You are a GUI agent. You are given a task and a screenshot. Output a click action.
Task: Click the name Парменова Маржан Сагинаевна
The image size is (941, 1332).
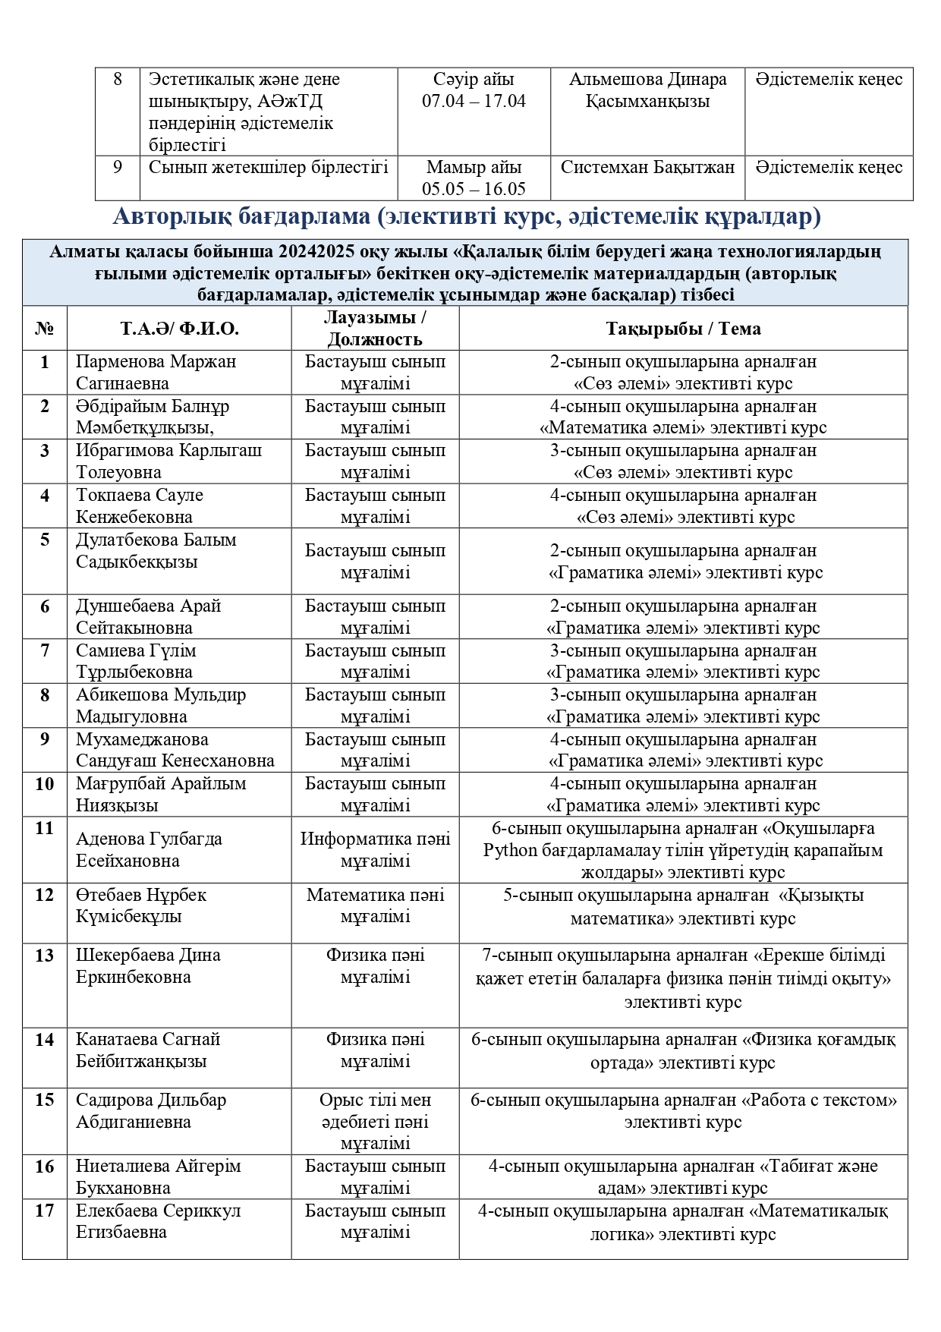pyautogui.click(x=156, y=372)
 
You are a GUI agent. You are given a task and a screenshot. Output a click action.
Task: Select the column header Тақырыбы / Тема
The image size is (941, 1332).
pyautogui.click(x=683, y=328)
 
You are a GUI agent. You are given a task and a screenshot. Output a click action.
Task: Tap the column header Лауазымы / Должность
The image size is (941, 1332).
pyautogui.click(x=375, y=328)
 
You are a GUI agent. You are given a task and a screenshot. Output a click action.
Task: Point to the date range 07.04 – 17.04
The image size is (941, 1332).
pyautogui.click(x=474, y=101)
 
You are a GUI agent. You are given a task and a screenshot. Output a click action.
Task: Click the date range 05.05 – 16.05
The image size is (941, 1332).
pyautogui.click(x=474, y=189)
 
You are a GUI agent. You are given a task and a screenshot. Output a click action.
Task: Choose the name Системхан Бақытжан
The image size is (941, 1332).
pyautogui.click(x=647, y=167)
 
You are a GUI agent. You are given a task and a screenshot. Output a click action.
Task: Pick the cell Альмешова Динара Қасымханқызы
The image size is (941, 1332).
pyautogui.click(x=647, y=90)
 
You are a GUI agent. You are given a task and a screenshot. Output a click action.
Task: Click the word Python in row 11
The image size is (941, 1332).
pyautogui.click(x=510, y=850)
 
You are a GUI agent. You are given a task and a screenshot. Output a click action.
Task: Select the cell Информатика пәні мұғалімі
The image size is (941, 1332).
pyautogui.click(x=375, y=849)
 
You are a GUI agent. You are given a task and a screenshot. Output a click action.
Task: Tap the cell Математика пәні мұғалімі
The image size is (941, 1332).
pyautogui.click(x=375, y=905)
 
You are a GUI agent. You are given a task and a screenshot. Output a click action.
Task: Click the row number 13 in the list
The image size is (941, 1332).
pyautogui.click(x=45, y=956)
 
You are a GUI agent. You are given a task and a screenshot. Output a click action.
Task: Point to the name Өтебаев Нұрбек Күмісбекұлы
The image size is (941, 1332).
pyautogui.click(x=140, y=905)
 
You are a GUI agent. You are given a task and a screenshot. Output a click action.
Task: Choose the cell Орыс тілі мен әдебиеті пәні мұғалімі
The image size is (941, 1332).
pyautogui.click(x=375, y=1121)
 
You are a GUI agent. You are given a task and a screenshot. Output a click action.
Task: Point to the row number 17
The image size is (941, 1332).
pyautogui.click(x=45, y=1211)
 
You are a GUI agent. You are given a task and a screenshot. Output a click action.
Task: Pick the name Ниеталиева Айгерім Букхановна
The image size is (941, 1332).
pyautogui.click(x=158, y=1176)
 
